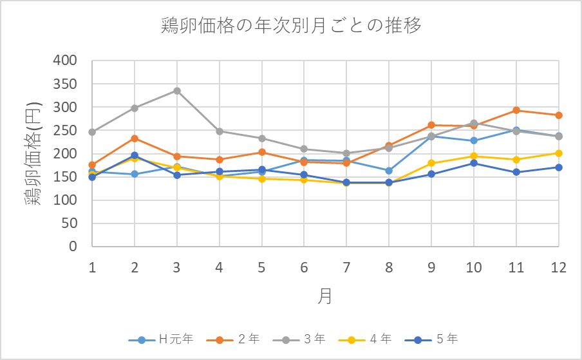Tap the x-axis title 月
[326, 296]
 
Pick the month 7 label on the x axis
[347, 267]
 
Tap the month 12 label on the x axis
[558, 267]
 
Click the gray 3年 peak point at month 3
[177, 91]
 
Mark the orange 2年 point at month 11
[516, 110]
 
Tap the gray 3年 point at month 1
[93, 132]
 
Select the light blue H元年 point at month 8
[389, 171]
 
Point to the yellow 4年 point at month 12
[559, 153]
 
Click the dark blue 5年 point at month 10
[474, 163]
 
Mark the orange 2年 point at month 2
[135, 138]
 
